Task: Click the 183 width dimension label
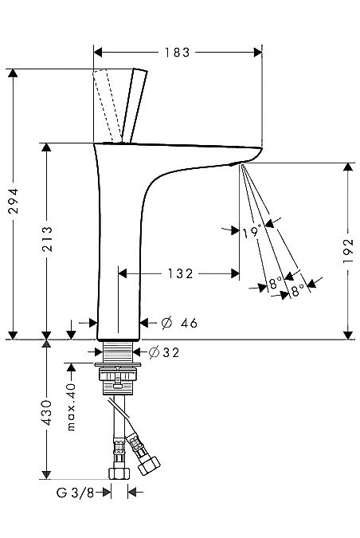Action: pos(177,53)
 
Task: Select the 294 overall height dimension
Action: pos(14,201)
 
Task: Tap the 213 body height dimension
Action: pos(47,239)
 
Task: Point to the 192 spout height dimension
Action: pos(348,251)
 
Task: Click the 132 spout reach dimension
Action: pos(180,274)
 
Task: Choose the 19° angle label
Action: pos(252,232)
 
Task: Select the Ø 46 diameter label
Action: pos(179,323)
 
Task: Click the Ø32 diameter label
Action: pos(164,352)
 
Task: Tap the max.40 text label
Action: pos(72,407)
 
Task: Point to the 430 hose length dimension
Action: pos(47,413)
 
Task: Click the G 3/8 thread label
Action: pos(75,493)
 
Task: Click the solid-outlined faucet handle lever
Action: pos(135,106)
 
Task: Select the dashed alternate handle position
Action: pos(107,105)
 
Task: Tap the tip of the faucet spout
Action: pos(260,149)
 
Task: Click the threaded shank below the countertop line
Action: pos(118,352)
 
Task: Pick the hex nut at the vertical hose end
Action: pos(119,473)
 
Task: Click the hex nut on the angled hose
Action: pos(149,465)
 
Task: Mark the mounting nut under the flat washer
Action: pos(118,374)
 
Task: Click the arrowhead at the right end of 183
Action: pos(258,53)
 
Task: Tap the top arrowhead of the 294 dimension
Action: pos(13,73)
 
